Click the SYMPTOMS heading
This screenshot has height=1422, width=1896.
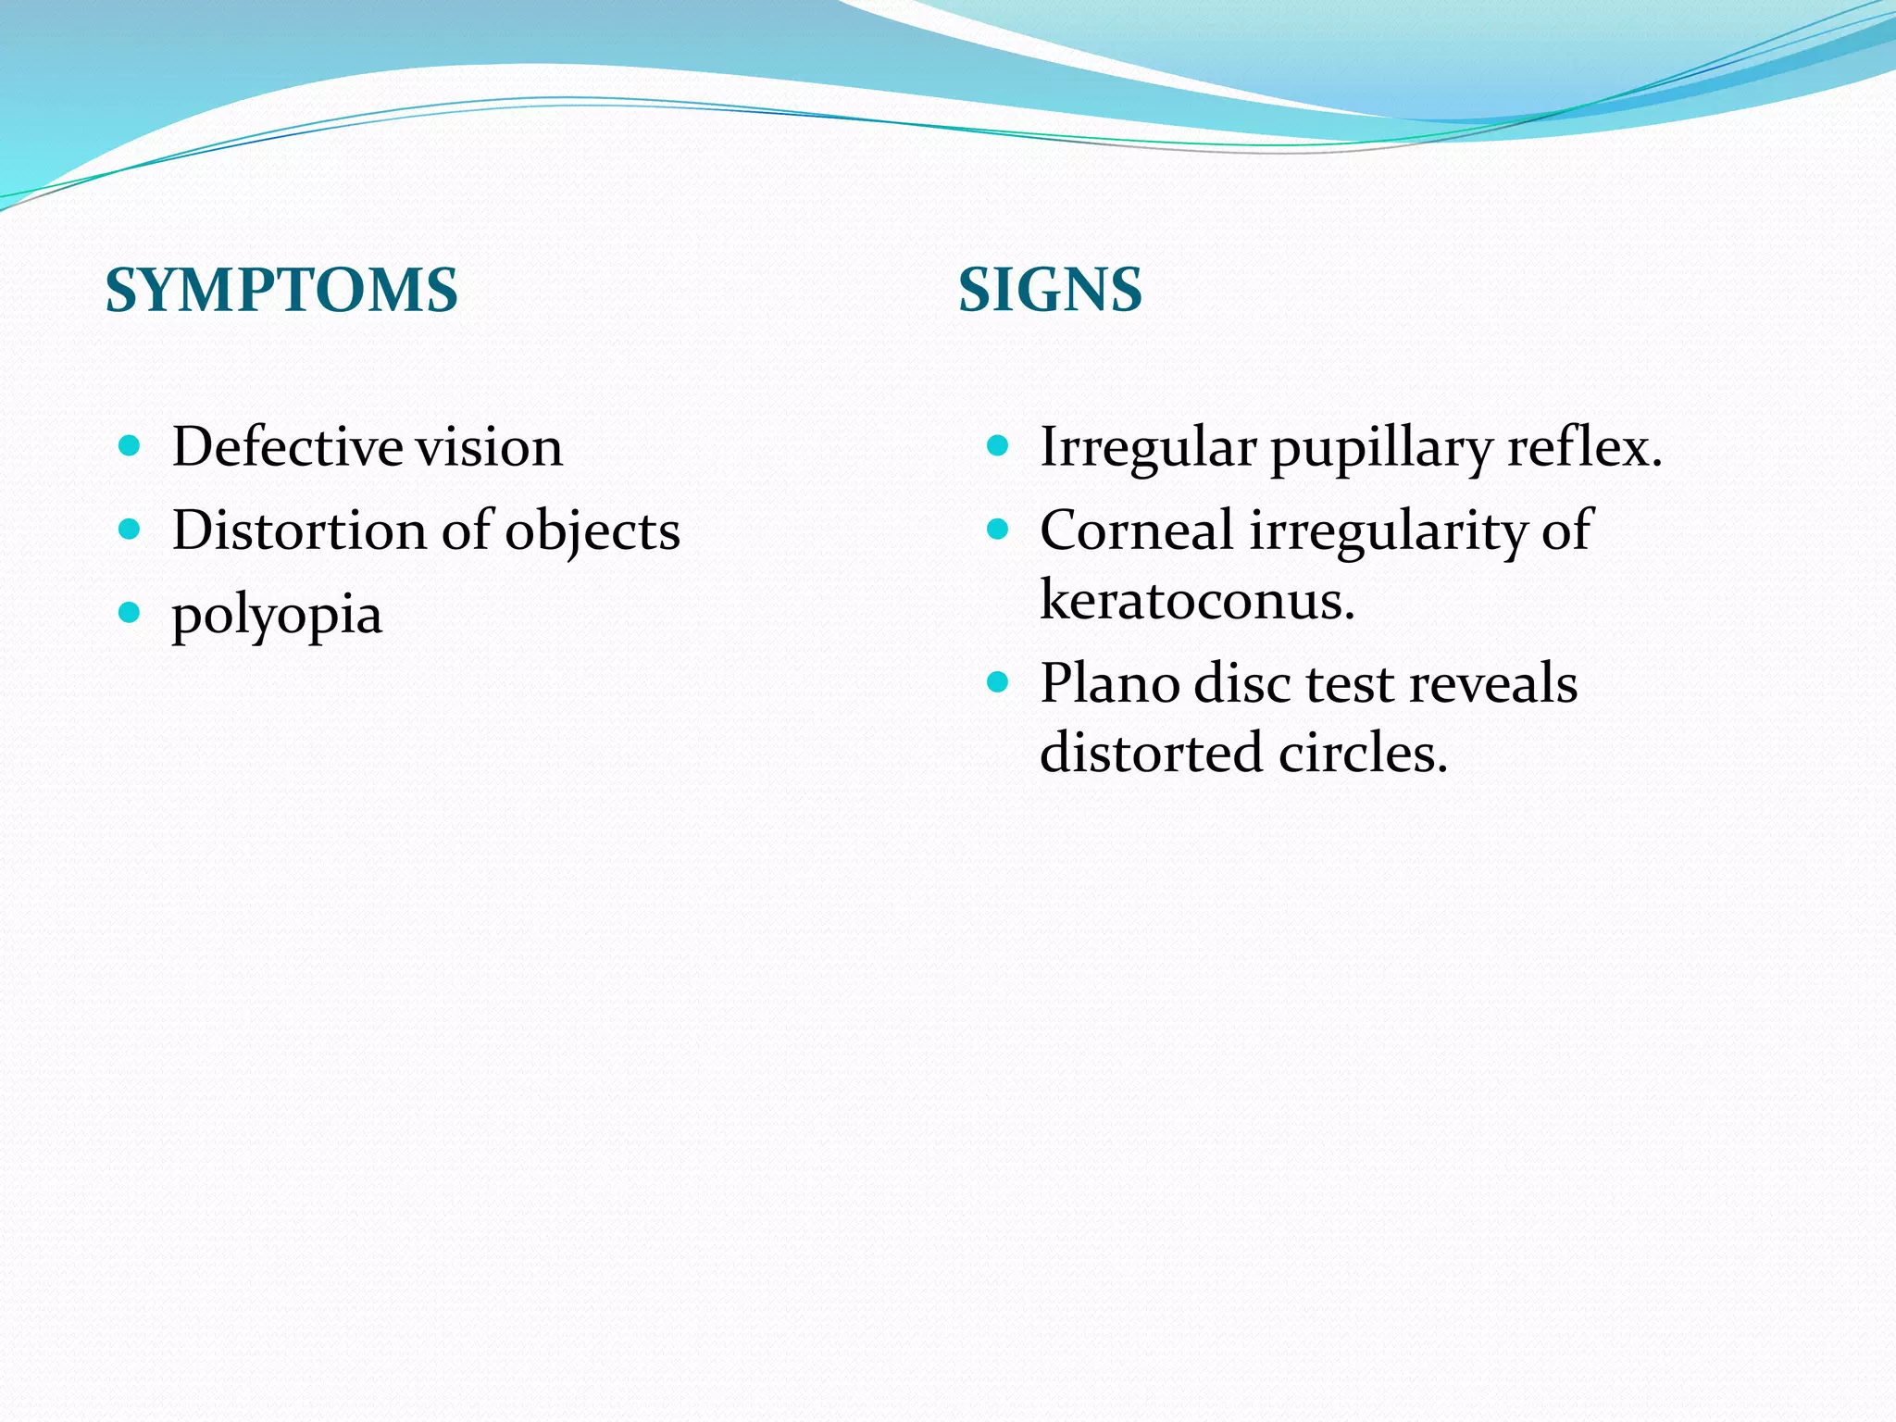point(281,290)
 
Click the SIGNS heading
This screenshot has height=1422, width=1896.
point(1050,290)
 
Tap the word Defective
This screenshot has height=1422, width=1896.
point(287,447)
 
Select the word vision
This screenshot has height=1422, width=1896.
point(489,447)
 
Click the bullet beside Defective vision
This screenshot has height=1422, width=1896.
point(130,446)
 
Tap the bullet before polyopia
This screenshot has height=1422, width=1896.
point(130,613)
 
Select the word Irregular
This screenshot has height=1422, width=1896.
point(1148,448)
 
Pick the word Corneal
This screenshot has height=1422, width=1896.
point(1137,531)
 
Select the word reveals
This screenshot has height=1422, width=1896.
point(1492,684)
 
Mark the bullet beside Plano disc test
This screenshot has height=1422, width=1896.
point(997,683)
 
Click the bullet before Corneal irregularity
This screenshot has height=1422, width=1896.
point(997,530)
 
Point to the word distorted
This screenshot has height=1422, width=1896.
point(1151,753)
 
